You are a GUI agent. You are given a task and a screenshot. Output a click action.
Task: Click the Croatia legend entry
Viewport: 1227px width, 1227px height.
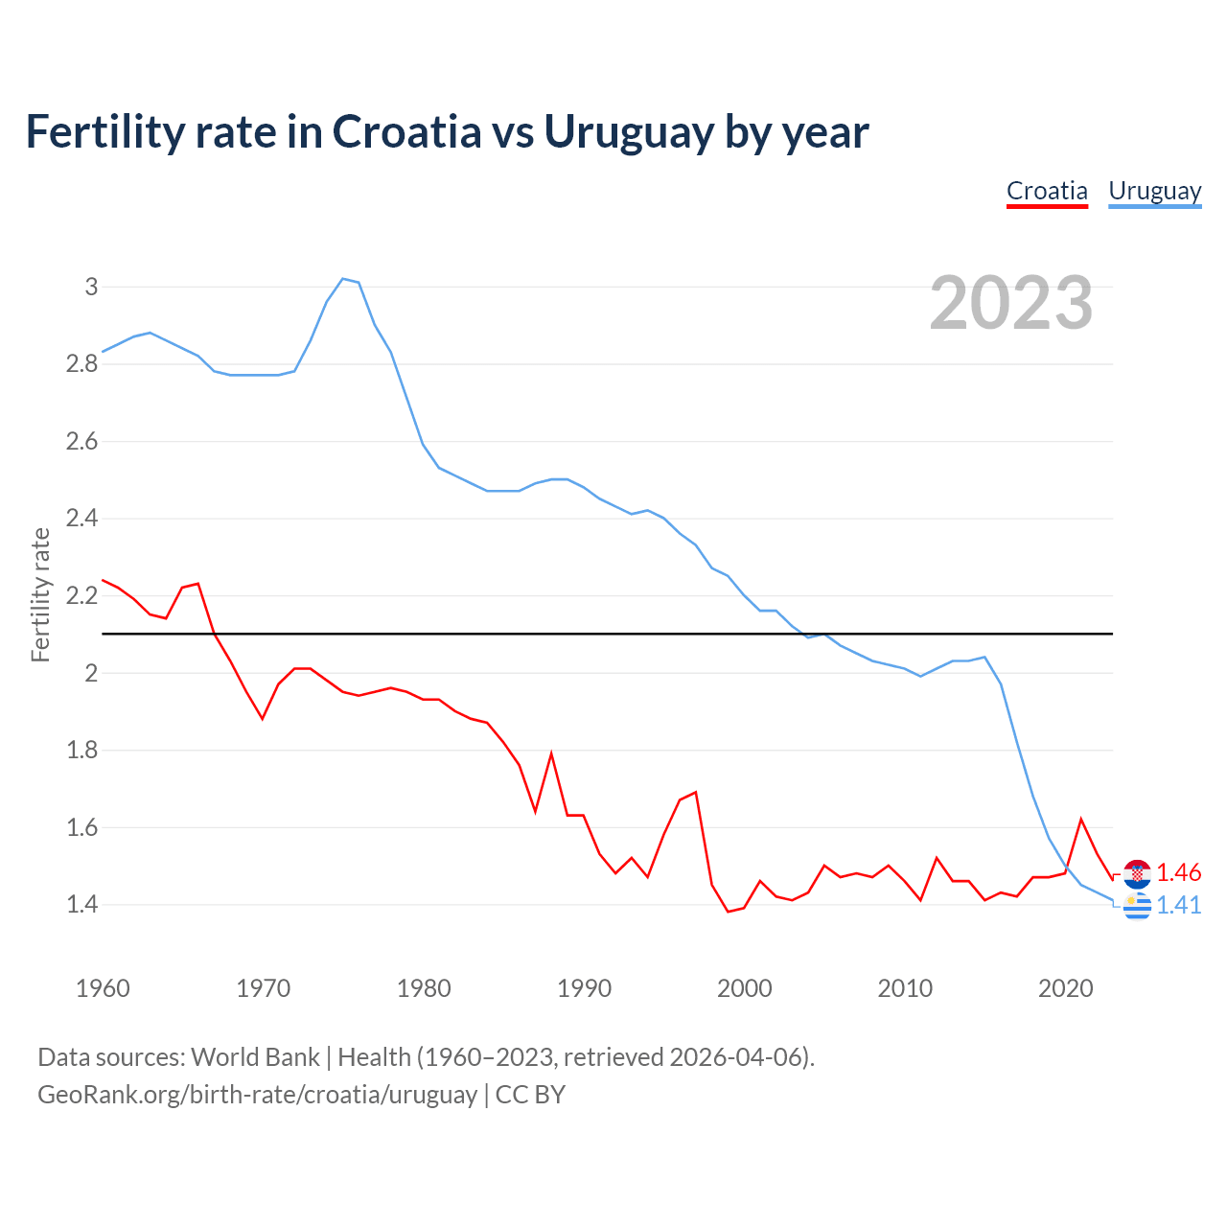[1047, 192]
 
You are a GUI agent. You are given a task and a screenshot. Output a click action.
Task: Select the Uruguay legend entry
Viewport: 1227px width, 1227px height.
[1154, 192]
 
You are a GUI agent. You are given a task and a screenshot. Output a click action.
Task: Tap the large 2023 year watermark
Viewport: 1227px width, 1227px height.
[1011, 303]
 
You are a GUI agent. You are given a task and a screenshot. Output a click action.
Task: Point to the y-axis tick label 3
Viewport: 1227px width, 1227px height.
[92, 287]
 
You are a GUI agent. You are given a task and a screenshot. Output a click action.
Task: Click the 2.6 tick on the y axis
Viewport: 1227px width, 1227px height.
[82, 441]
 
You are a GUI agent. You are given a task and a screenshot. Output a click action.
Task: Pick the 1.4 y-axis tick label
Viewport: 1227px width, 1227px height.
[82, 904]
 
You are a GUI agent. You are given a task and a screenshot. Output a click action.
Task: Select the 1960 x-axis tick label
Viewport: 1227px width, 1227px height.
[103, 988]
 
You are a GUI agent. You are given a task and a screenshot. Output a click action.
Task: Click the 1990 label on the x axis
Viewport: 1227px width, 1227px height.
[584, 988]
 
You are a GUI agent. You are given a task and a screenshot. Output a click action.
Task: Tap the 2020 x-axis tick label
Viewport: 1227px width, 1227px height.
[1065, 988]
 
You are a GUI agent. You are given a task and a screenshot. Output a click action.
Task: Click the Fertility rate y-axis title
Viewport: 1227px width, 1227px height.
[40, 594]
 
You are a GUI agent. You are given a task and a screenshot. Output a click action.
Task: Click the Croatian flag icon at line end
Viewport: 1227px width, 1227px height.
[1137, 873]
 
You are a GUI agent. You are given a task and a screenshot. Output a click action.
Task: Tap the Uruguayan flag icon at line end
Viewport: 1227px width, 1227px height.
[1137, 906]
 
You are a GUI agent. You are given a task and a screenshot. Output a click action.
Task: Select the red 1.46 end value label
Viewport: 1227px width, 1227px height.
[1178, 872]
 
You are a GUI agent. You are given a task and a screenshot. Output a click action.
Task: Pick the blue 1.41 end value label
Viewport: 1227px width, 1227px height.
[1178, 905]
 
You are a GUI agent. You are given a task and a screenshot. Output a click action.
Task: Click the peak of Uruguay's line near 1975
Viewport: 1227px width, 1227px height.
[343, 279]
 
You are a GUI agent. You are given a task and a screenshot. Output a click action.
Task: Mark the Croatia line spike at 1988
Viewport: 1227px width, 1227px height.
[551, 753]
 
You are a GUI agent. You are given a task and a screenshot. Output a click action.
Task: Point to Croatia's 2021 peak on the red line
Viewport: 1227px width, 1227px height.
[1081, 820]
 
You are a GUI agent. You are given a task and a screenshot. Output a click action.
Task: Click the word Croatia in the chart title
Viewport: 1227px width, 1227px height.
[406, 131]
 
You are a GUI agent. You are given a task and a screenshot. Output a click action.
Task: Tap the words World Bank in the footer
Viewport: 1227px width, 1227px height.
[255, 1057]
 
